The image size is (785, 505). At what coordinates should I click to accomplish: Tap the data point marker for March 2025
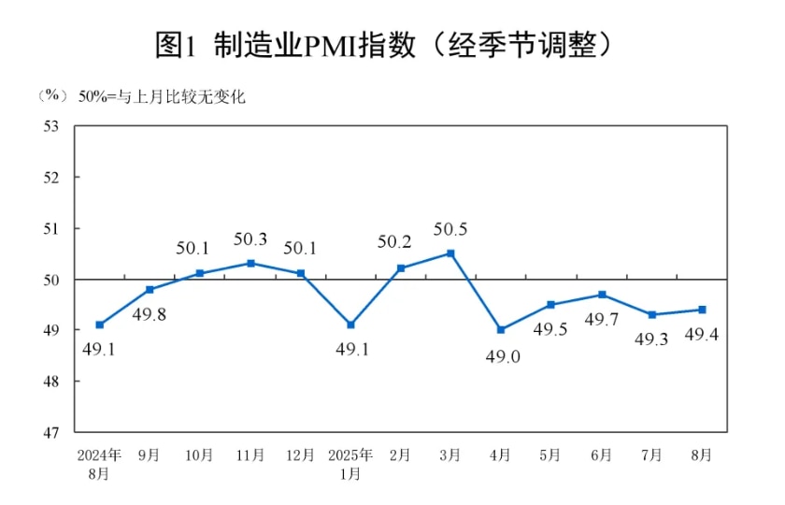click(450, 253)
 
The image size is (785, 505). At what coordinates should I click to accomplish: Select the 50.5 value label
click(450, 229)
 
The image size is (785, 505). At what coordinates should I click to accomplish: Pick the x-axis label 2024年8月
click(99, 464)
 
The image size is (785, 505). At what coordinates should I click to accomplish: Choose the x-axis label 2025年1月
click(350, 464)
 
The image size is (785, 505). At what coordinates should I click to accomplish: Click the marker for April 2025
click(501, 330)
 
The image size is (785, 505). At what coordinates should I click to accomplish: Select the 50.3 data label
click(250, 239)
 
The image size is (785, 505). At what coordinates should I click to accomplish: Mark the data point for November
click(250, 263)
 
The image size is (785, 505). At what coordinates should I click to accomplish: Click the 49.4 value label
click(702, 336)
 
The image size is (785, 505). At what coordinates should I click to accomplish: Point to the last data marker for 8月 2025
click(702, 310)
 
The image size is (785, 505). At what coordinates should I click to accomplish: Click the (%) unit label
click(51, 96)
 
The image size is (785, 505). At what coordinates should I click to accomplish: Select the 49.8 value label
click(150, 314)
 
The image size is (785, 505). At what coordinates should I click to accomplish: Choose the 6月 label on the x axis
click(601, 455)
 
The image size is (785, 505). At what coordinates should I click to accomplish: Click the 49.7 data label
click(601, 320)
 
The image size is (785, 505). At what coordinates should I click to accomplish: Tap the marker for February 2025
click(401, 268)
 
